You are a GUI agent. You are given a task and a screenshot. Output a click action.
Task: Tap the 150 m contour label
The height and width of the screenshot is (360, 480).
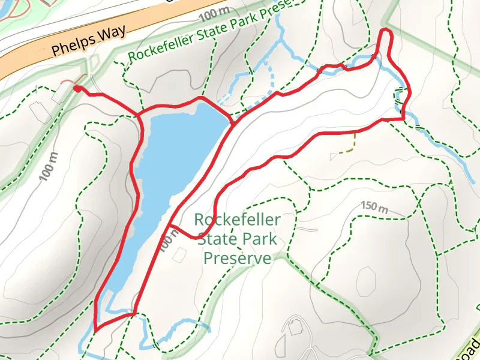374,206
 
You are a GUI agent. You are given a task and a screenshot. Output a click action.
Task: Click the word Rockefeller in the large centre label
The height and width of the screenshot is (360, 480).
237,220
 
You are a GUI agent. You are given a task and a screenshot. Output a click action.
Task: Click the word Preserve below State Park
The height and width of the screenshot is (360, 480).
237,258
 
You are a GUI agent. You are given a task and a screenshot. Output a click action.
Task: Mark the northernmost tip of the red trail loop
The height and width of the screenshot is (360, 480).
386,29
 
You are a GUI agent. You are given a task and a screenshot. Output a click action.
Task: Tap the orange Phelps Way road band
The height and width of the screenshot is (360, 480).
36,60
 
